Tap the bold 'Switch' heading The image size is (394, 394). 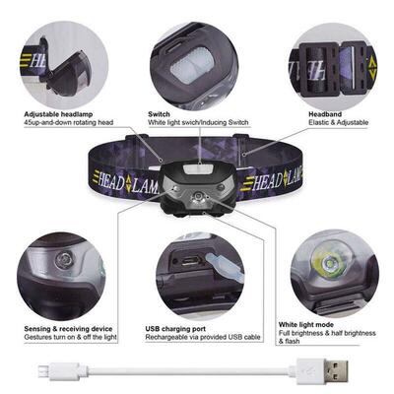pyautogui.click(x=159, y=114)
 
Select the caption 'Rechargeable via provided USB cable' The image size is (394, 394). pyautogui.click(x=202, y=338)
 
